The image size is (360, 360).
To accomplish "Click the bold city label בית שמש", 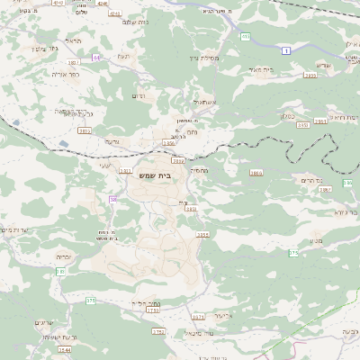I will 155,175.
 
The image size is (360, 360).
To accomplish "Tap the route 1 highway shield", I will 285,51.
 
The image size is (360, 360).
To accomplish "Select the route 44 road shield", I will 96,58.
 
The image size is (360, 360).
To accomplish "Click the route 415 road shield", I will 246,37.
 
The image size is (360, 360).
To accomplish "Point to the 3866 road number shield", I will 256,172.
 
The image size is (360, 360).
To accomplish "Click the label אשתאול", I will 204,103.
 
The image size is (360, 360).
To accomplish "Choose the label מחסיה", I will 199,170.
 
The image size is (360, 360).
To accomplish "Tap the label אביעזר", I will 225,316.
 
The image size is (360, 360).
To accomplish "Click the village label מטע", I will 317,240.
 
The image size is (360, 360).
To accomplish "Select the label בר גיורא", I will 346,213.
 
